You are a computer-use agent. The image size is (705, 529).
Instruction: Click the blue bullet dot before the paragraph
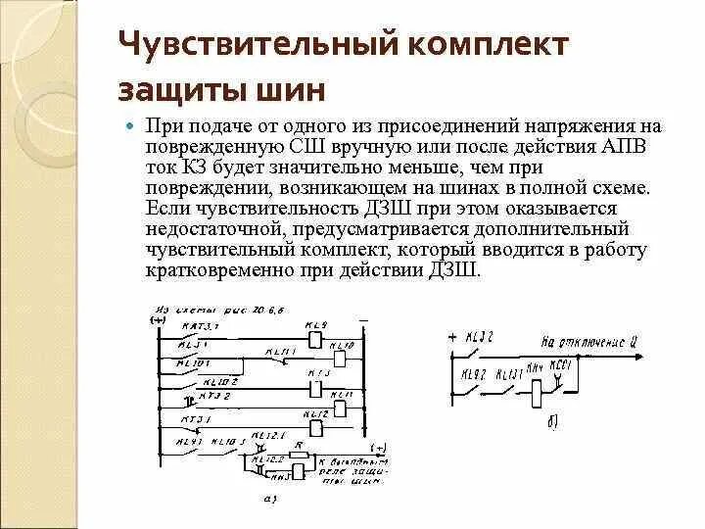pos(132,127)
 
